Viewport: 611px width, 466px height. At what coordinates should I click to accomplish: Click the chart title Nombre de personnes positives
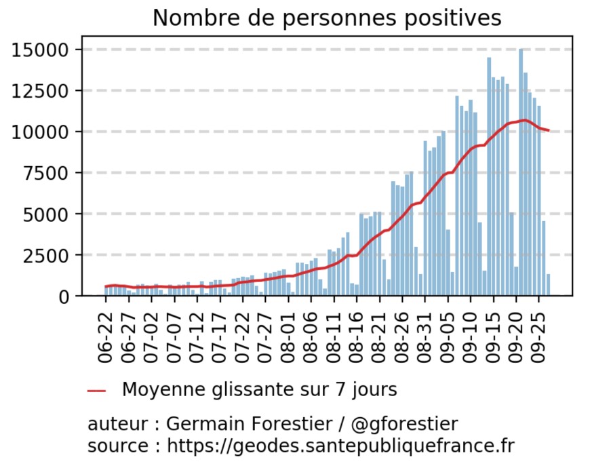[x=327, y=18]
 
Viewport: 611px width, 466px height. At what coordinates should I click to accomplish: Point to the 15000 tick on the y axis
[x=40, y=50]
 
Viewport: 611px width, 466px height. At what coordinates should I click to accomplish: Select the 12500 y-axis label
[x=40, y=91]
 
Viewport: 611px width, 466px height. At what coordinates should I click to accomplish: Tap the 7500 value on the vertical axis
[x=46, y=173]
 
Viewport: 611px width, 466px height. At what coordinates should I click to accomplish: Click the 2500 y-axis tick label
[x=46, y=255]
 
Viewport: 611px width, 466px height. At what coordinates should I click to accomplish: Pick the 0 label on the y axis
[x=64, y=297]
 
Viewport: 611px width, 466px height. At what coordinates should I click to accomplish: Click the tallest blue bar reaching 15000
[x=521, y=172]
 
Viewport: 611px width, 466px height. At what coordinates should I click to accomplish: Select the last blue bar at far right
[x=548, y=285]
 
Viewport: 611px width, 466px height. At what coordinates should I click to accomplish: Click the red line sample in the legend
[x=97, y=391]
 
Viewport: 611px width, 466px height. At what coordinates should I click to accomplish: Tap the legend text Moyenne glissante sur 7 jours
[x=260, y=389]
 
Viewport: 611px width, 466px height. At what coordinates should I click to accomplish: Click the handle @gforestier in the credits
[x=404, y=424]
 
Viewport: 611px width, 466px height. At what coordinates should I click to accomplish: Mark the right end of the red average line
[x=549, y=130]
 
